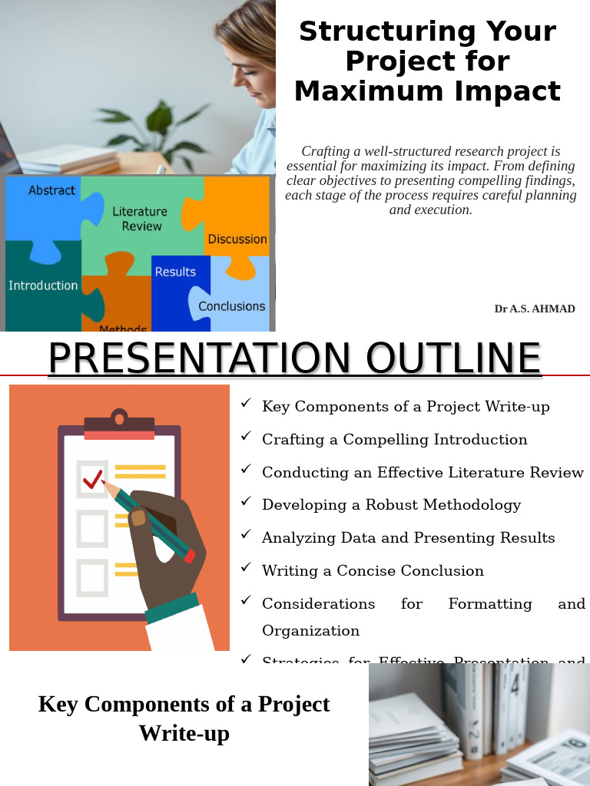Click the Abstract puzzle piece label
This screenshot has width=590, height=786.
click(51, 190)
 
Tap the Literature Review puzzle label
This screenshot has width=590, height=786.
click(140, 219)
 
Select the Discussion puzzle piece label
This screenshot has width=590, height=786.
click(237, 239)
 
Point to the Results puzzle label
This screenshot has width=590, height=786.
click(175, 272)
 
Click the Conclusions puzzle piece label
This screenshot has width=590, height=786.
click(231, 306)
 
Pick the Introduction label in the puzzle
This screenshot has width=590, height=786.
click(43, 286)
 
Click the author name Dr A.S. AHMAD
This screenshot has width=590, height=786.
click(535, 309)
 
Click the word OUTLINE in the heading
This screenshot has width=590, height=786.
click(453, 358)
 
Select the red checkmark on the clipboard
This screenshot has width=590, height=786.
click(93, 480)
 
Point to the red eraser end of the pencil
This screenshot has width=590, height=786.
click(190, 556)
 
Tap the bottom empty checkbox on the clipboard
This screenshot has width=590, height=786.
click(93, 576)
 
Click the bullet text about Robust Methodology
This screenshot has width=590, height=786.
click(391, 505)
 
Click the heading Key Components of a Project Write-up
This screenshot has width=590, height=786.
click(184, 718)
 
